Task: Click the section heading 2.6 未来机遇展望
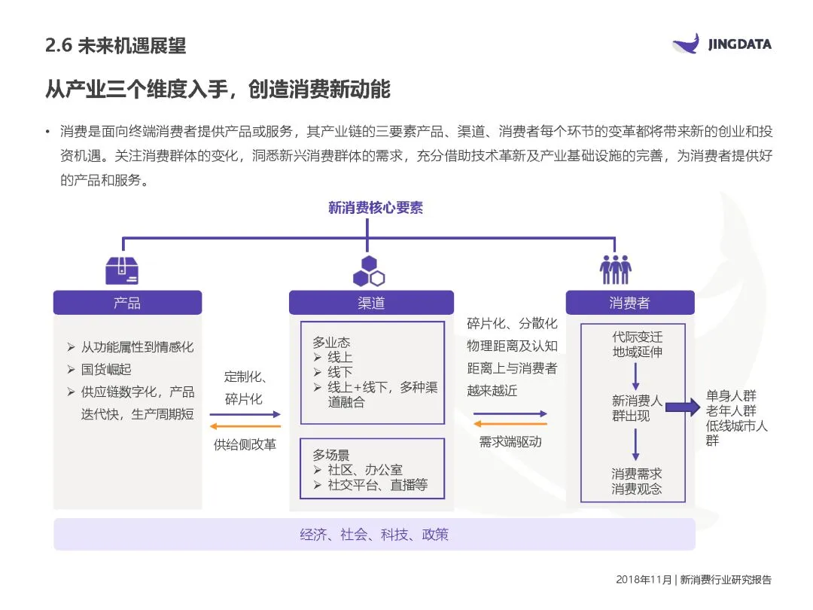pos(115,45)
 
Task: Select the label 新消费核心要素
pos(375,208)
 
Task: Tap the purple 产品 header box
pos(127,303)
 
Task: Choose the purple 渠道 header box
pos(371,303)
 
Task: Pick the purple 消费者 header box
pos(629,303)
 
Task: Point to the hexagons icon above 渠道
pos(368,271)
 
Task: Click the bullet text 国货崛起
pos(106,369)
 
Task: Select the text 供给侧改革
pos(245,444)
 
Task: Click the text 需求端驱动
pos(510,442)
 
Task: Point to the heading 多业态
pos(331,343)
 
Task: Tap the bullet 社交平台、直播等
pos(376,486)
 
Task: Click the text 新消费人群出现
pos(636,408)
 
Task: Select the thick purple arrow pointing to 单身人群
pos(683,409)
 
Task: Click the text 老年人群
pos(731,410)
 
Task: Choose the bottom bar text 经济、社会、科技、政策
pos(374,535)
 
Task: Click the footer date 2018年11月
pos(643,580)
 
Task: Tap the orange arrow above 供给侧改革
pos(245,427)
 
